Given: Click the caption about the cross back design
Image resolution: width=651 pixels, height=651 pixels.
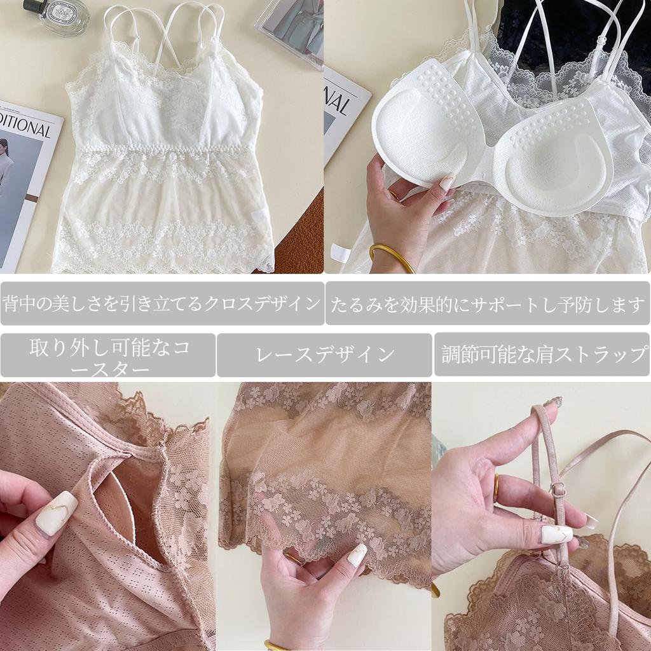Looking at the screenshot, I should (x=162, y=303).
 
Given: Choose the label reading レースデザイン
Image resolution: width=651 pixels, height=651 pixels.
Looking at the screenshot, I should (x=324, y=355).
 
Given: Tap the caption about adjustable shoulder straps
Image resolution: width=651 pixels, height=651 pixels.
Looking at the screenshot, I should (x=542, y=355).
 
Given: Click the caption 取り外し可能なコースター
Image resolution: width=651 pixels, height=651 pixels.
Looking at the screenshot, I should (x=108, y=355).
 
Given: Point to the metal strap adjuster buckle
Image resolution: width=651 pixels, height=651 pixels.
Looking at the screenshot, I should (x=558, y=490).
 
